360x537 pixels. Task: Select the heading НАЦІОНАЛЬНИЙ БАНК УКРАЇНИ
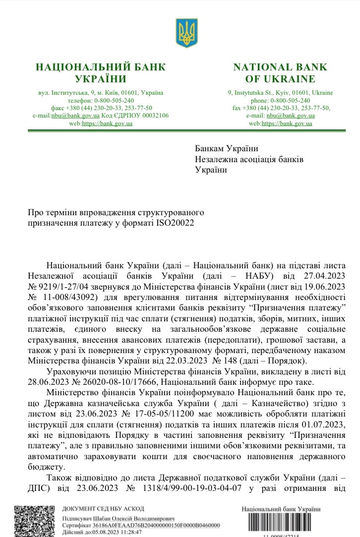[101, 73]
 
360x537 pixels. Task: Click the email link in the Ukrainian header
[75, 116]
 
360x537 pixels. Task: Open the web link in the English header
[287, 123]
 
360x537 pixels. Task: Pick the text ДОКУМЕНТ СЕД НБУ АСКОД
[103, 509]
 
